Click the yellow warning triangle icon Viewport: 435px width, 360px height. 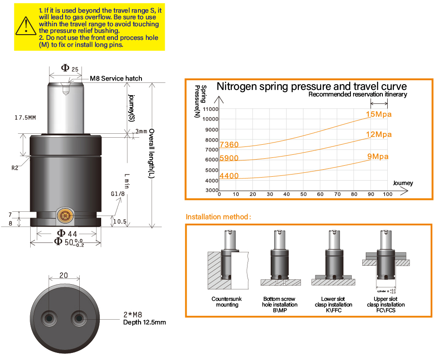[x=26, y=26]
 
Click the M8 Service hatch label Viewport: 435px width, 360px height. [x=116, y=78]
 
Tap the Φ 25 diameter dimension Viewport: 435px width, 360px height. [x=70, y=68]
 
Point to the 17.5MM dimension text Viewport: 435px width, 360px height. [x=26, y=118]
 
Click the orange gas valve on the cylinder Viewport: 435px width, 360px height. [x=65, y=215]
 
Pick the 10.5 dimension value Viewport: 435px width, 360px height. [x=120, y=222]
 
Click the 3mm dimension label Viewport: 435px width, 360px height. [x=141, y=132]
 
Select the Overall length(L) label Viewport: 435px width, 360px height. [x=152, y=153]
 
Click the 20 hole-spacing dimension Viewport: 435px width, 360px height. [x=64, y=275]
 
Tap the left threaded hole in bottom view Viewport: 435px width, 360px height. [x=49, y=317]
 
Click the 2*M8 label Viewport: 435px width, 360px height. [x=132, y=315]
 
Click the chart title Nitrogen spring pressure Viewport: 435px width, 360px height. [x=311, y=86]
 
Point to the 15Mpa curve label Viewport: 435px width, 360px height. [x=378, y=115]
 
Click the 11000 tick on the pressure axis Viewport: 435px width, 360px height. [x=211, y=109]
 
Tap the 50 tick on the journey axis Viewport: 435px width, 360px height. [x=303, y=194]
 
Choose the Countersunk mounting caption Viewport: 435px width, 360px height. [x=226, y=302]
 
